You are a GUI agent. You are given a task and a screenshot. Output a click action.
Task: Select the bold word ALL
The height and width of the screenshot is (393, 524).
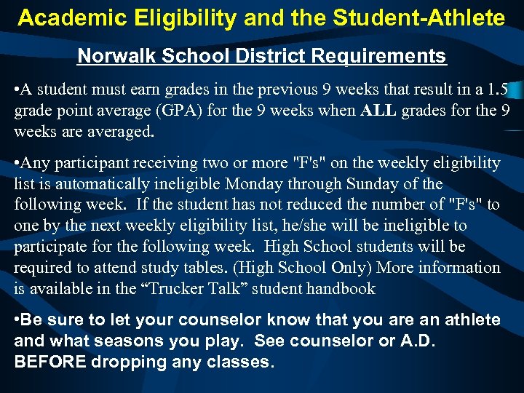coord(378,111)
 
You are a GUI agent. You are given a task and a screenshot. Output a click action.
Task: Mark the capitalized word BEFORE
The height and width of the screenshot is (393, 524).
coord(47,362)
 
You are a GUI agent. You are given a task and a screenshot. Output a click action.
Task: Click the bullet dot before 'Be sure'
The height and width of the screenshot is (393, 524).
coord(17,320)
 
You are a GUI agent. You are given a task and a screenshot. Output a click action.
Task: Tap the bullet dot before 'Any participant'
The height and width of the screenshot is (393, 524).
coord(17,164)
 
